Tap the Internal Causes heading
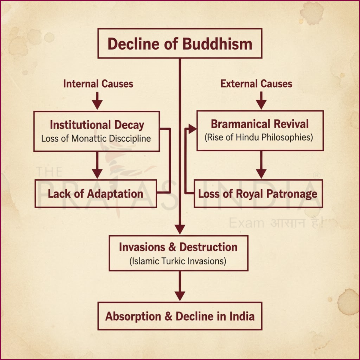[x=98, y=84]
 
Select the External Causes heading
[x=256, y=84]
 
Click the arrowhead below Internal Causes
[x=97, y=104]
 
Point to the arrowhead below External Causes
[x=261, y=104]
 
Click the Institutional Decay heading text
[x=97, y=125]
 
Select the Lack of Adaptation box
[x=95, y=194]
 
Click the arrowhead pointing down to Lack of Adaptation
[x=97, y=173]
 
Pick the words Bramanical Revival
[x=259, y=124]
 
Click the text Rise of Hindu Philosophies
[x=259, y=137]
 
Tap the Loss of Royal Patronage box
[x=258, y=194]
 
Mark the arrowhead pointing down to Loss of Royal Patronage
[x=261, y=173]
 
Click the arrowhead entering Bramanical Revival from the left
[x=192, y=129]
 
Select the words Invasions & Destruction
[x=178, y=247]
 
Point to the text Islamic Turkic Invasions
[x=178, y=261]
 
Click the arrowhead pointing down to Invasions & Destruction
[x=180, y=229]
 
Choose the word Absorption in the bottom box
[x=133, y=316]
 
